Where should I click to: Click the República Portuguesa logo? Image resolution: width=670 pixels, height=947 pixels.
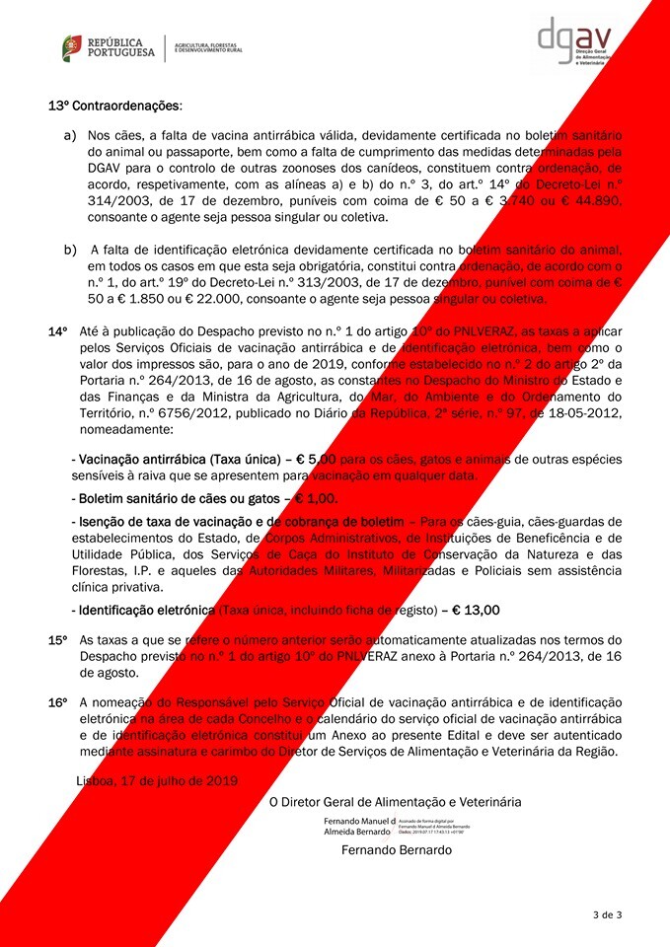pos(109,47)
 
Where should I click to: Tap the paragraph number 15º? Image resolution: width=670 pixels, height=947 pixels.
pos(57,640)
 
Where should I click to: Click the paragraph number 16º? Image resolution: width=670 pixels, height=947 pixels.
pos(57,701)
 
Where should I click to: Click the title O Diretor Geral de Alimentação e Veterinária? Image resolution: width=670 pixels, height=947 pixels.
pos(396,801)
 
